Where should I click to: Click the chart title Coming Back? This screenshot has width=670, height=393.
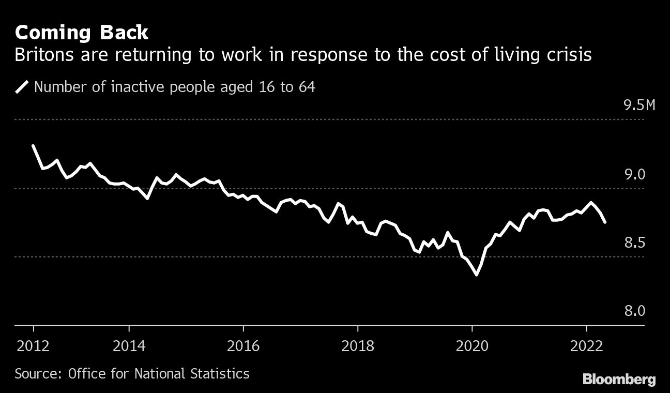(x=81, y=33)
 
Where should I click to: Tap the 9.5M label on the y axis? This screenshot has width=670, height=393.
(x=639, y=106)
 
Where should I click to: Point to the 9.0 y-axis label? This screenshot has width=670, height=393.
(x=635, y=175)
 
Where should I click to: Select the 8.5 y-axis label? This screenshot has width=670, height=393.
(x=635, y=243)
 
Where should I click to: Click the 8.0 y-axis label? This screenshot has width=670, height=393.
(x=635, y=311)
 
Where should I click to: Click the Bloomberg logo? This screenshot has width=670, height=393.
(x=619, y=380)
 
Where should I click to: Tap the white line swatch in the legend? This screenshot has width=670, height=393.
(x=22, y=87)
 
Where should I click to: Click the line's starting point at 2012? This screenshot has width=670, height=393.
(x=33, y=146)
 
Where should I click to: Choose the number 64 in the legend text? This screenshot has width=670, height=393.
(x=307, y=87)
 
